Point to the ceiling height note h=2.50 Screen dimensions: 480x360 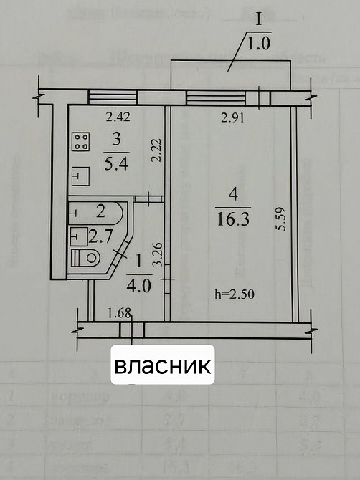click(x=235, y=292)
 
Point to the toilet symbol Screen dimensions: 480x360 click(x=87, y=257)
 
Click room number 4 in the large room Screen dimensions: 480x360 click(x=231, y=193)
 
